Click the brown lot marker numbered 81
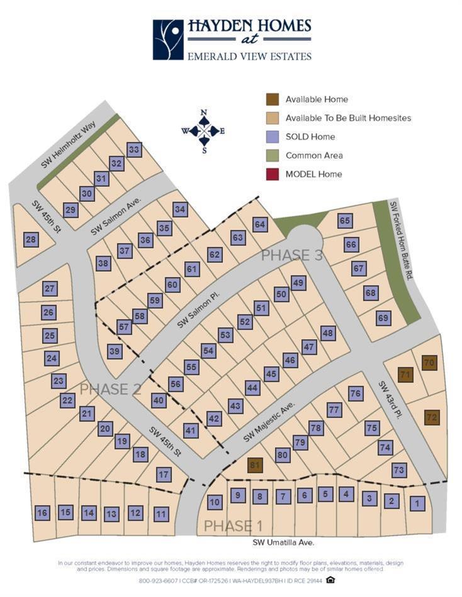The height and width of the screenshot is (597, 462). [x=255, y=466]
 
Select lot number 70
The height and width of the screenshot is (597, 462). [x=429, y=363]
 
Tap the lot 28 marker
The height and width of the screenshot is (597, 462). [x=31, y=239]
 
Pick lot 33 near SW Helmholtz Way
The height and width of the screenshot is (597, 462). [x=133, y=150]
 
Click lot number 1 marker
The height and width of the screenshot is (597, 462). [x=417, y=503]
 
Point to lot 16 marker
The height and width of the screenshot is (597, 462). [x=42, y=513]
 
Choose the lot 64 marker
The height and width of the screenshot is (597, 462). [x=260, y=225]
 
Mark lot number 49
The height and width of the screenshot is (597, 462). [x=299, y=282]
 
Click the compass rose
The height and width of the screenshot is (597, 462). [x=203, y=131]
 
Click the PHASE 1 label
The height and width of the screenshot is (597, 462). [x=233, y=526]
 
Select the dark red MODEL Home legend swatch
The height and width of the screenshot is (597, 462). [x=272, y=174]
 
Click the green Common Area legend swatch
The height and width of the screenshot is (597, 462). [x=272, y=155]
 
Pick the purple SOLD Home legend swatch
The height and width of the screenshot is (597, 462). [x=272, y=137]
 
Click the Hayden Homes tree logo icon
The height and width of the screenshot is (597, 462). [x=168, y=40]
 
